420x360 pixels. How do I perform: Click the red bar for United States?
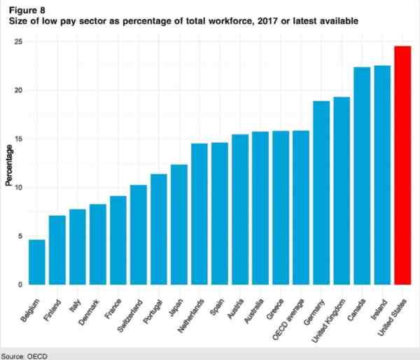[x=402, y=165]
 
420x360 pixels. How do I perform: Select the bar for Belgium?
[x=36, y=263]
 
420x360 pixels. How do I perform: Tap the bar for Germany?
[x=321, y=193]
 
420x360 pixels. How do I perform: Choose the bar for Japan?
[x=179, y=225]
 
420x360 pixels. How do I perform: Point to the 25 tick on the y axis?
[x=19, y=42]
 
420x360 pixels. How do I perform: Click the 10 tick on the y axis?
[x=19, y=188]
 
